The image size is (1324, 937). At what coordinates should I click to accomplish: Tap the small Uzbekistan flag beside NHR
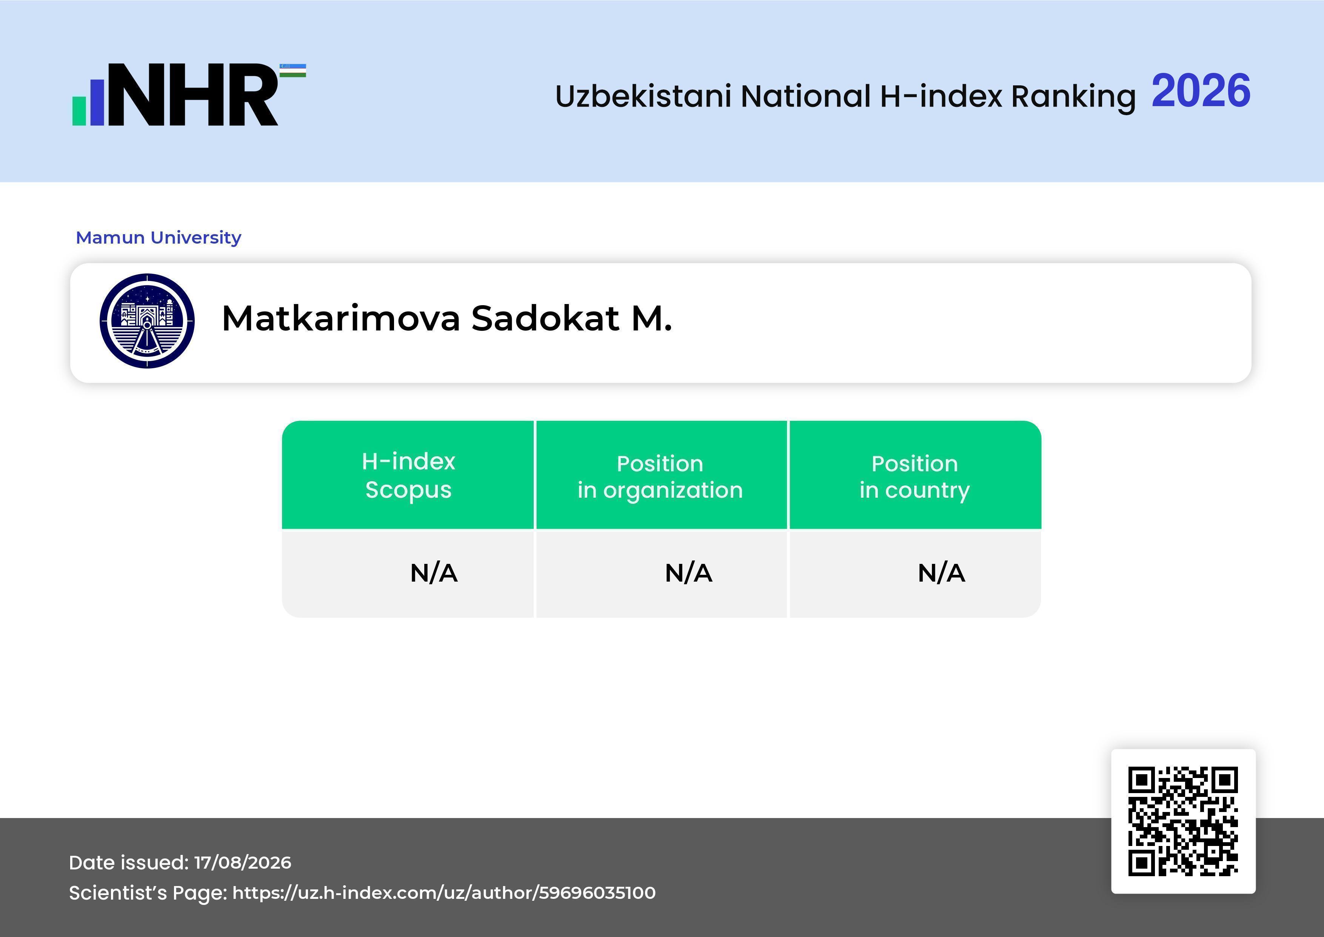point(293,70)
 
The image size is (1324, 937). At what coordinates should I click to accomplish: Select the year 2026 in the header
point(1201,91)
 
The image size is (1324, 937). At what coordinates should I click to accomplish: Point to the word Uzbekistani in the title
point(644,96)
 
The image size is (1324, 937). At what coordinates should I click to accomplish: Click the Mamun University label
point(159,237)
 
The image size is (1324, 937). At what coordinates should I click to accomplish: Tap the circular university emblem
point(147,321)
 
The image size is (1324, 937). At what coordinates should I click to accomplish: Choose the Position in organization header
point(660,477)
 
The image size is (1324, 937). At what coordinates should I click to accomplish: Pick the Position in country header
point(914,477)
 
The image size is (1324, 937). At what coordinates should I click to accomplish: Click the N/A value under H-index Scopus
point(434,573)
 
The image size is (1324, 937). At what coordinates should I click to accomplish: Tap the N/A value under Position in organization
point(688,573)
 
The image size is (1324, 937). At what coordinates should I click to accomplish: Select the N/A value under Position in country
point(941,573)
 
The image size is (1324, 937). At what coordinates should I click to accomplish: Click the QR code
point(1183,821)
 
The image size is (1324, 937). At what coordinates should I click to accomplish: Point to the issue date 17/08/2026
point(243,863)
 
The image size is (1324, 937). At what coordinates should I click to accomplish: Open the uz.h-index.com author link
point(444,892)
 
